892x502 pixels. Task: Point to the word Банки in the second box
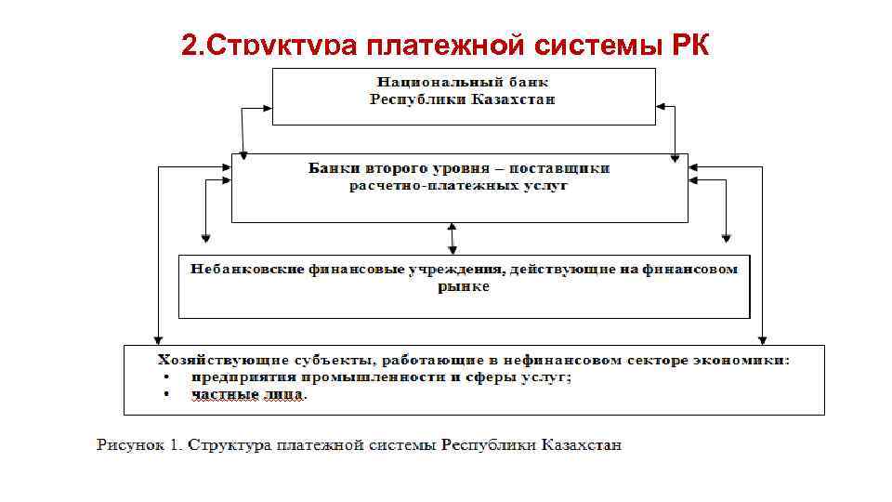tap(330, 169)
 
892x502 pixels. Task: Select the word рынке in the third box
tap(464, 286)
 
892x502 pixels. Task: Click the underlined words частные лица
tap(247, 394)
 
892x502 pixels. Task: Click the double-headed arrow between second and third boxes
tap(452, 237)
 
